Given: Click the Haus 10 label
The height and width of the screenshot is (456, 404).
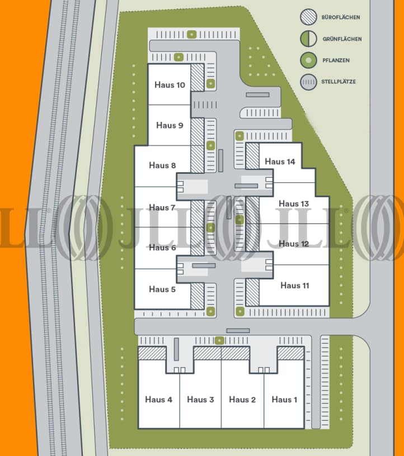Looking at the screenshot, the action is [x=169, y=85].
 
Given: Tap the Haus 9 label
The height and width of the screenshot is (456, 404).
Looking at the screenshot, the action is [x=170, y=125].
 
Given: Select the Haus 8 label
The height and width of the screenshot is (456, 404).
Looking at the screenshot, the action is [x=162, y=165].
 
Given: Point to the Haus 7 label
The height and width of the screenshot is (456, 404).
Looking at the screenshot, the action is [x=162, y=207].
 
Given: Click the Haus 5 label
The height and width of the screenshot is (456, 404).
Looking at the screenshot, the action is [x=162, y=289].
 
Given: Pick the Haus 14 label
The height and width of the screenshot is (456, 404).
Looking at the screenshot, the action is [x=280, y=161].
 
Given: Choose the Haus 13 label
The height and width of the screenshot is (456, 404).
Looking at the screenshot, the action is [x=294, y=203].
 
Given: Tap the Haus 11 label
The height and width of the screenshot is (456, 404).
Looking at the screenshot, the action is [x=294, y=286].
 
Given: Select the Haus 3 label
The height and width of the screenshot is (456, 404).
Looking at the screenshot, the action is [x=200, y=399].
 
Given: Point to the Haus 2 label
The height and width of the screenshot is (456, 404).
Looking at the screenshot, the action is [x=242, y=399].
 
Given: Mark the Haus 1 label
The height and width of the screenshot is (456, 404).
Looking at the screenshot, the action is [x=284, y=399].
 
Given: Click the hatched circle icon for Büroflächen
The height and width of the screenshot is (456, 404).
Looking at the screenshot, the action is [x=308, y=17].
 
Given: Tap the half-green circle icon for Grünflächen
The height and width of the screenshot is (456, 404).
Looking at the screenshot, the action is [x=308, y=39].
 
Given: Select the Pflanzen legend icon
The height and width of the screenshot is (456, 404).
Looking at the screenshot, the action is [x=308, y=60].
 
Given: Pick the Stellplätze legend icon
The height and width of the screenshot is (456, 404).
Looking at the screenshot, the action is [x=308, y=82].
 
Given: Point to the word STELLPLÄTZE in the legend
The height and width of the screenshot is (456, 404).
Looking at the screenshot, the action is [x=339, y=82].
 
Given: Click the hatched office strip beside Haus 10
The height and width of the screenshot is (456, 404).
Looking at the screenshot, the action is [x=197, y=83].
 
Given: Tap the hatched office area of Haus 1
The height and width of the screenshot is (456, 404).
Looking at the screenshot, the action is [x=290, y=353].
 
